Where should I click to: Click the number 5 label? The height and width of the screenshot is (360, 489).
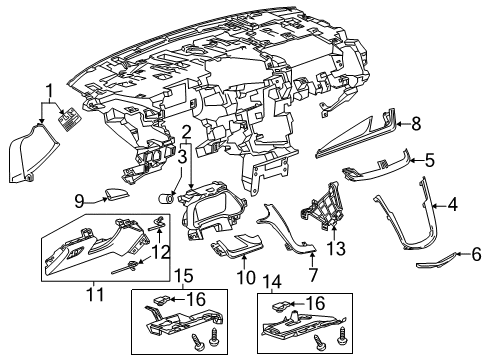[x=430, y=159]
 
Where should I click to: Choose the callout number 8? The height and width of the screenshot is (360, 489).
[x=417, y=125]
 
